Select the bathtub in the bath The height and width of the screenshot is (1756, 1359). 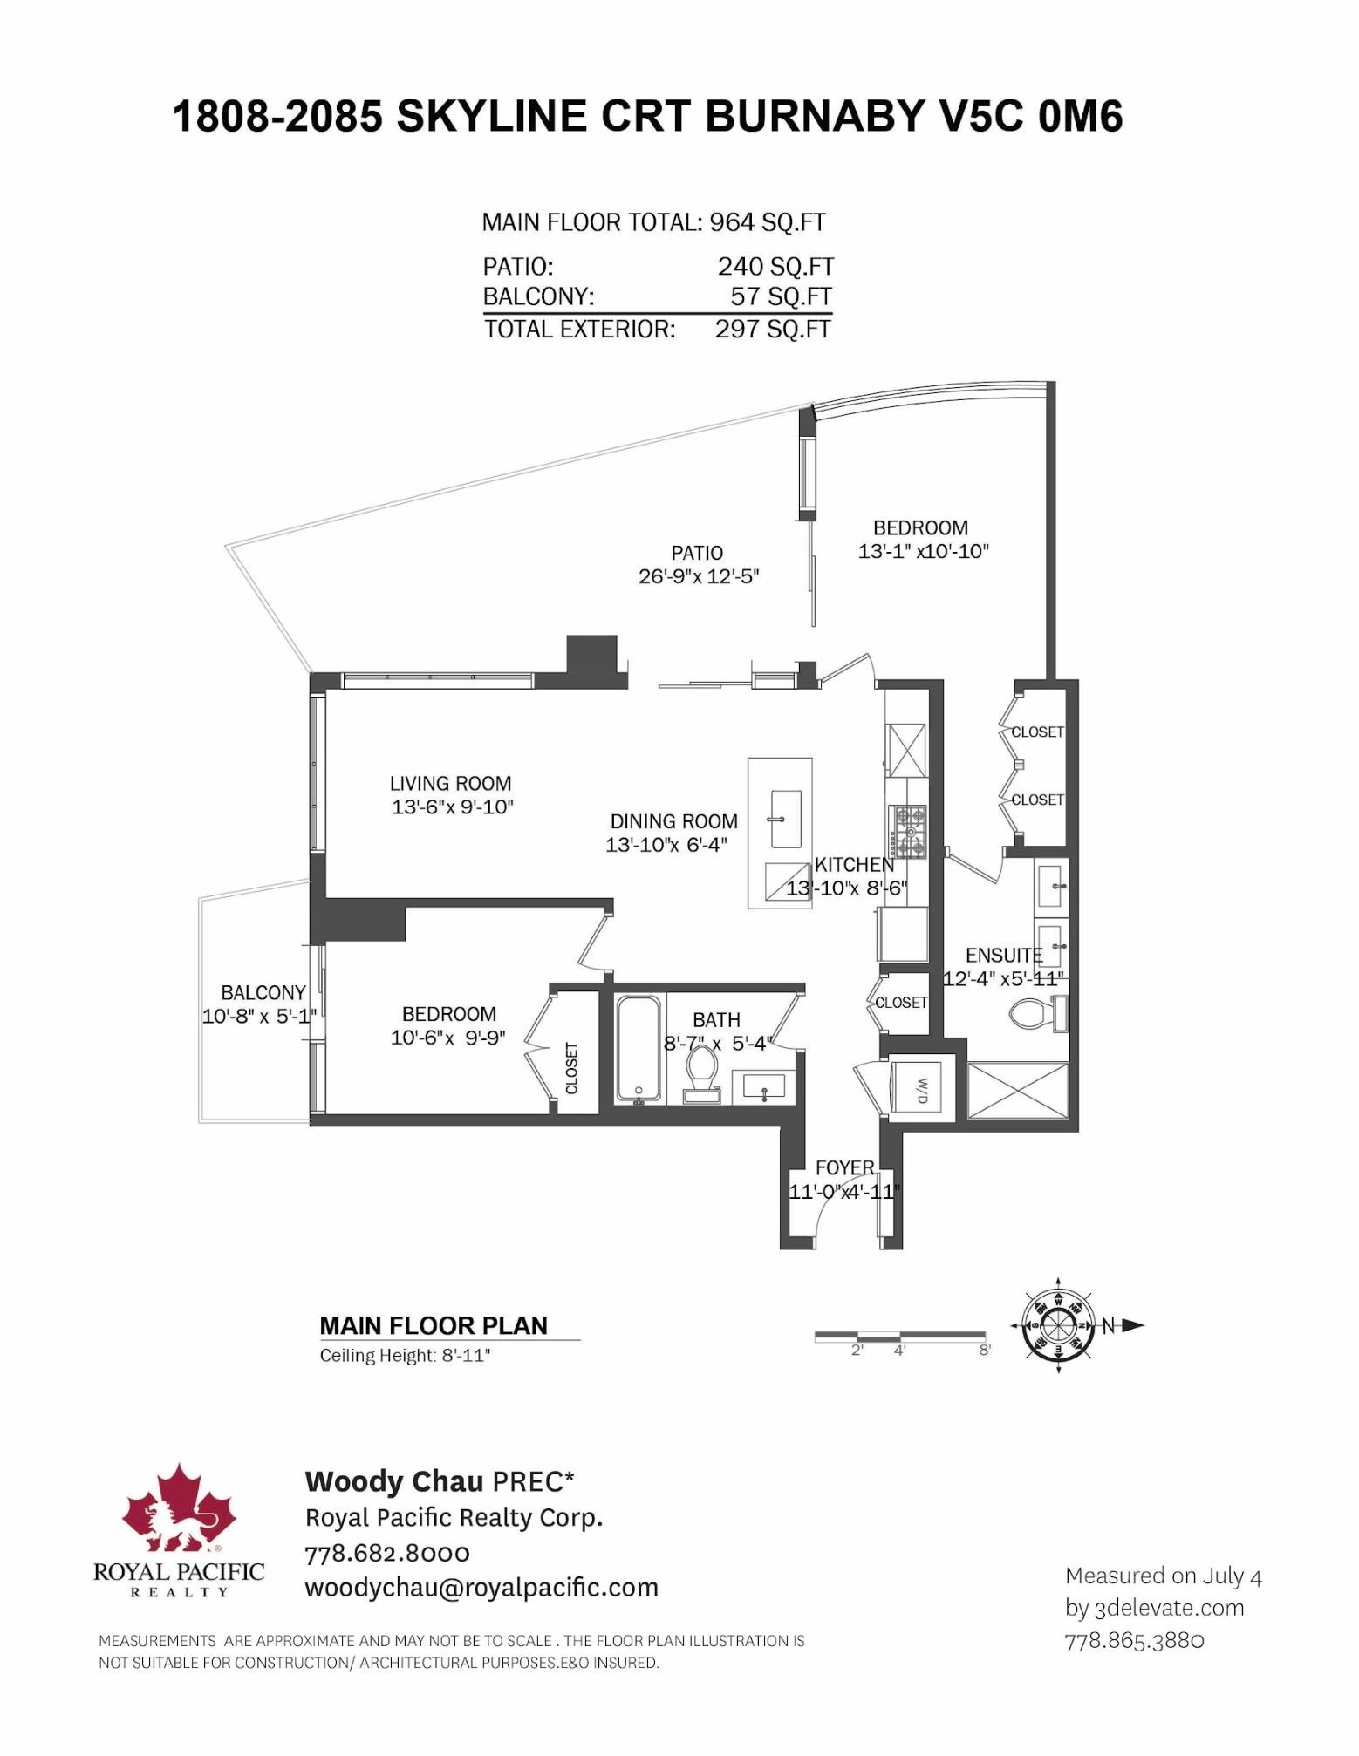[x=639, y=1048]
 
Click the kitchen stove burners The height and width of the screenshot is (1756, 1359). [x=909, y=832]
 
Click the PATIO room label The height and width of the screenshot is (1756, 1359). [x=697, y=553]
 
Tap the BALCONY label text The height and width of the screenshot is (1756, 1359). [x=263, y=992]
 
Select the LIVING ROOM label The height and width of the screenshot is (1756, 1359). [x=450, y=783]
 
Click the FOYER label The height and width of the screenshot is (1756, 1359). [x=844, y=1167]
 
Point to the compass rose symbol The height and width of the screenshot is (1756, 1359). [x=1058, y=1326]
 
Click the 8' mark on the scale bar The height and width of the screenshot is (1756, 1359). [x=985, y=1351]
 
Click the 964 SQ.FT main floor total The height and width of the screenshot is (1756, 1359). [x=767, y=222]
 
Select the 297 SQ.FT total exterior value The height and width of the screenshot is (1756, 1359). [x=773, y=330]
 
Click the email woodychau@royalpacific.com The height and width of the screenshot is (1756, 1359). [x=481, y=1587]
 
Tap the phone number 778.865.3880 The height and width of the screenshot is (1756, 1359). [x=1134, y=1640]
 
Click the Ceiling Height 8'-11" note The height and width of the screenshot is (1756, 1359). [x=405, y=1355]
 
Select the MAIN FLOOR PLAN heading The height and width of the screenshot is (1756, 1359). [x=434, y=1325]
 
